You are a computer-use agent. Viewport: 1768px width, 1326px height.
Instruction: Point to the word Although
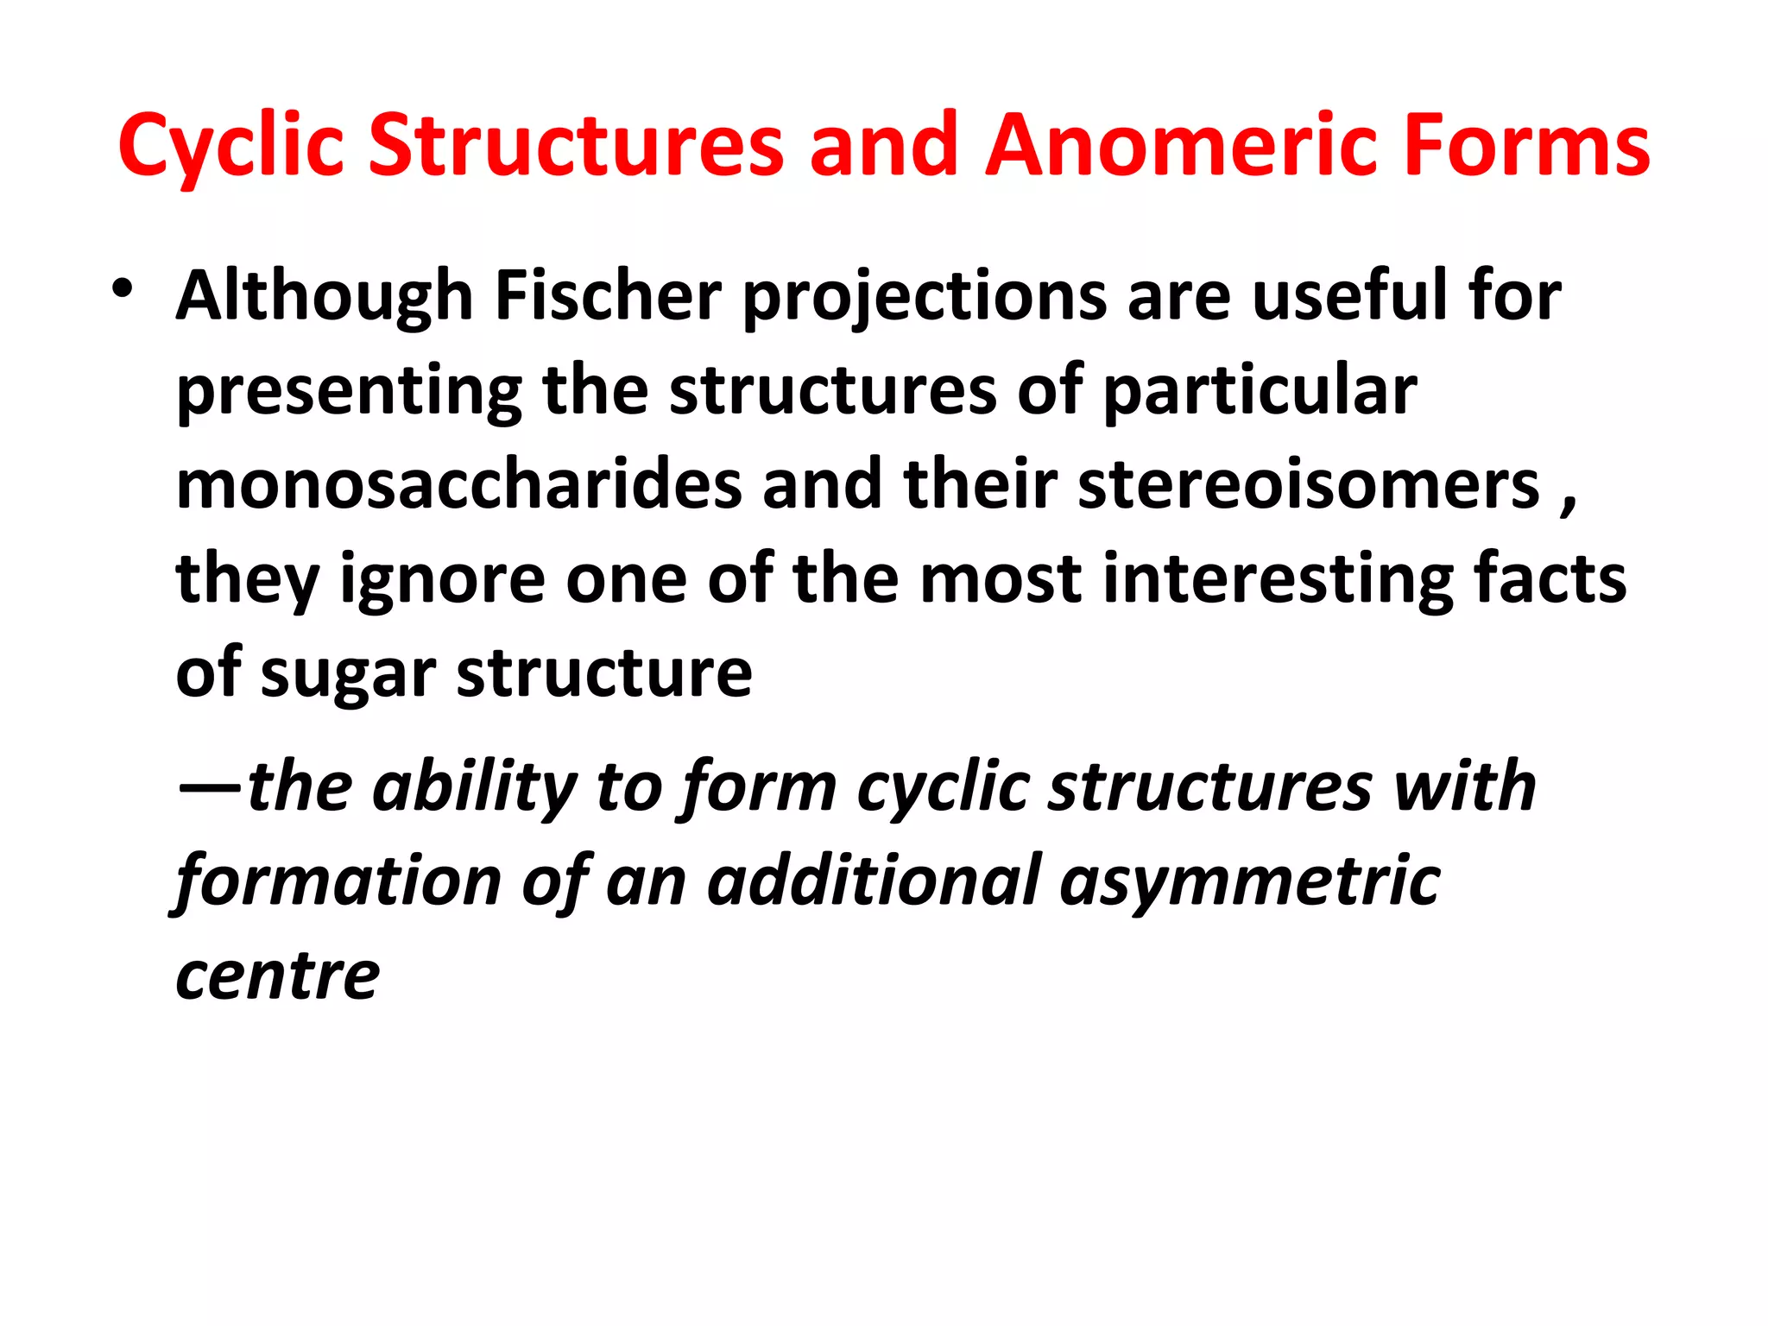pos(325,295)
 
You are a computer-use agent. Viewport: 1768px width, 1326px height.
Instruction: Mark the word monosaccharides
pos(458,484)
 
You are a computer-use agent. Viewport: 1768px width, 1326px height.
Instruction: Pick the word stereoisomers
pos(1309,484)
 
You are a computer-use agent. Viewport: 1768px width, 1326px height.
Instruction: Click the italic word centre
pos(277,976)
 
